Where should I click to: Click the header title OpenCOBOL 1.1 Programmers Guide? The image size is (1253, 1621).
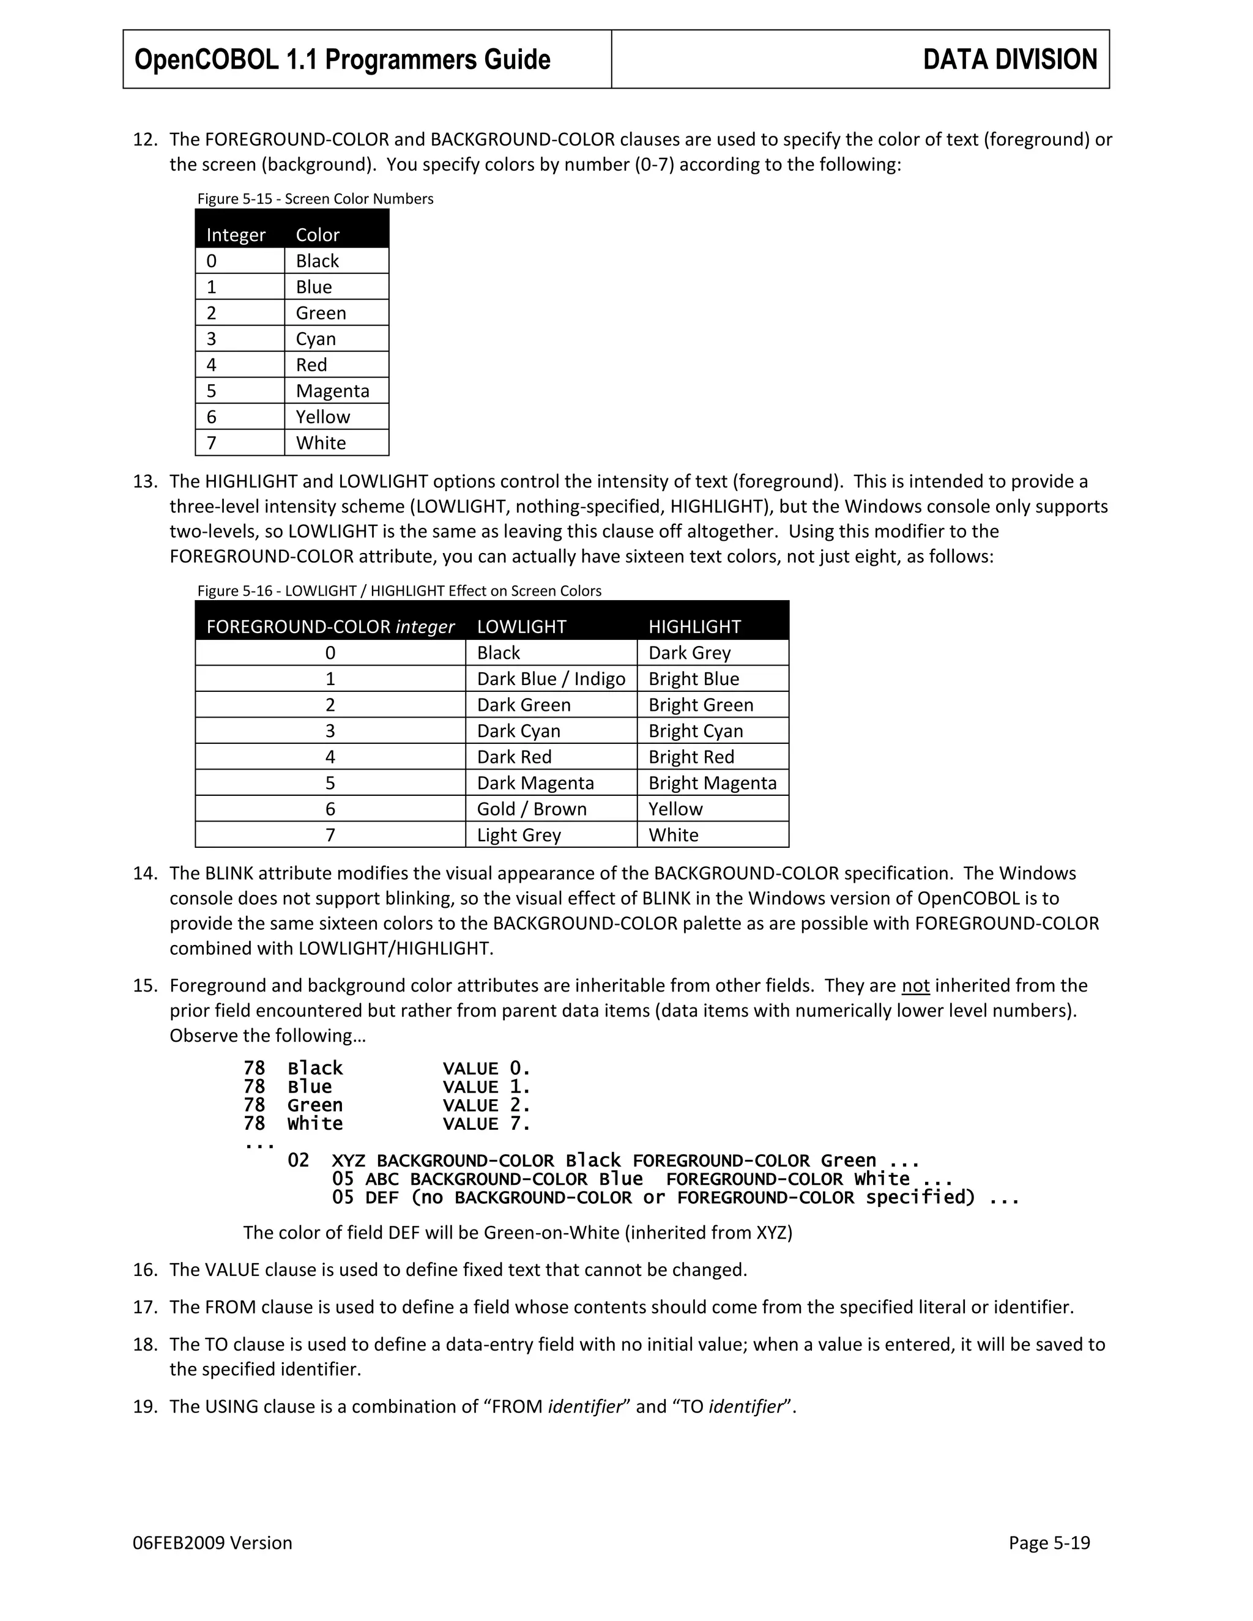[x=342, y=60]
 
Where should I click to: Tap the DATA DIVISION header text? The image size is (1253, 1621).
[x=1009, y=60]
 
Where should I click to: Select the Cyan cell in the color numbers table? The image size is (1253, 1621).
[x=316, y=339]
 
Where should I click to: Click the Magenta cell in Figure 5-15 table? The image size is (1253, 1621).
[x=332, y=391]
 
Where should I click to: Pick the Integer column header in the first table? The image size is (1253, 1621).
[x=236, y=236]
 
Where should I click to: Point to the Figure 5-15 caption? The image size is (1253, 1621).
[x=314, y=199]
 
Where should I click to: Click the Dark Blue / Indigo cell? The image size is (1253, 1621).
[x=551, y=679]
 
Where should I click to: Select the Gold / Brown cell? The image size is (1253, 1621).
[x=532, y=809]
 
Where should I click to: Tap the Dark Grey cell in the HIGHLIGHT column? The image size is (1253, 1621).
[x=690, y=653]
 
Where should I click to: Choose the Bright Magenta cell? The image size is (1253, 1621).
[x=712, y=783]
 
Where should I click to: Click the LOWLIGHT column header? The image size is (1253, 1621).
[x=521, y=627]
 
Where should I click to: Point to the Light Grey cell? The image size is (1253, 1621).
[x=518, y=835]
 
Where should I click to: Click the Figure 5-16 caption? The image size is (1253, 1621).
[x=399, y=591]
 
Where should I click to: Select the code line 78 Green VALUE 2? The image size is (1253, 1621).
[x=387, y=1105]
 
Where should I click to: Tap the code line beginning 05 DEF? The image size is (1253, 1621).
[x=675, y=1198]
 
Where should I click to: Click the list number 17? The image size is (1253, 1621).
[x=146, y=1307]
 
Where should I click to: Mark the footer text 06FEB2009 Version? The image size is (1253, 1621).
[x=212, y=1543]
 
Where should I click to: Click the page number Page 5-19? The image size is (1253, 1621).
[x=1049, y=1543]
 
